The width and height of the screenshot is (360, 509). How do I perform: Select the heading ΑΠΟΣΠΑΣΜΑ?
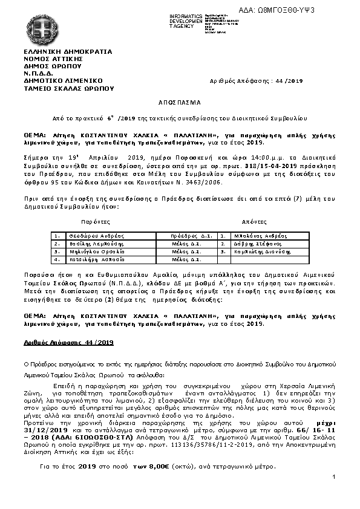179,102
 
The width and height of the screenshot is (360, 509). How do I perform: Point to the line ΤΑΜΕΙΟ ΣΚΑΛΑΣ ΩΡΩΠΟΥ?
68,88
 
